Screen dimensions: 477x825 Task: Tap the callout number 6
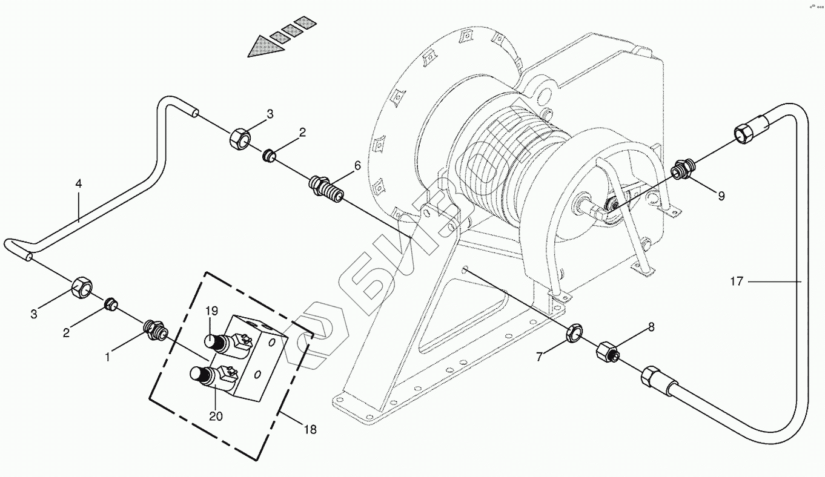tap(357, 165)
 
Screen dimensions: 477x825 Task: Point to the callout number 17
tap(736, 281)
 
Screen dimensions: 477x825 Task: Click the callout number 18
tap(310, 430)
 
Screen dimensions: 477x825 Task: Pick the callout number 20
tap(216, 416)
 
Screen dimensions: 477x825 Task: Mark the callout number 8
tap(651, 327)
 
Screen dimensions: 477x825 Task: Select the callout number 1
tap(107, 358)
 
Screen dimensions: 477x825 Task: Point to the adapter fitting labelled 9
tap(683, 169)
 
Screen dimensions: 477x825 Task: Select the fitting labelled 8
tap(606, 352)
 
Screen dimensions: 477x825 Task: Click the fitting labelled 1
tap(154, 330)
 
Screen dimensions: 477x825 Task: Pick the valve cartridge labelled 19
tap(218, 343)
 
